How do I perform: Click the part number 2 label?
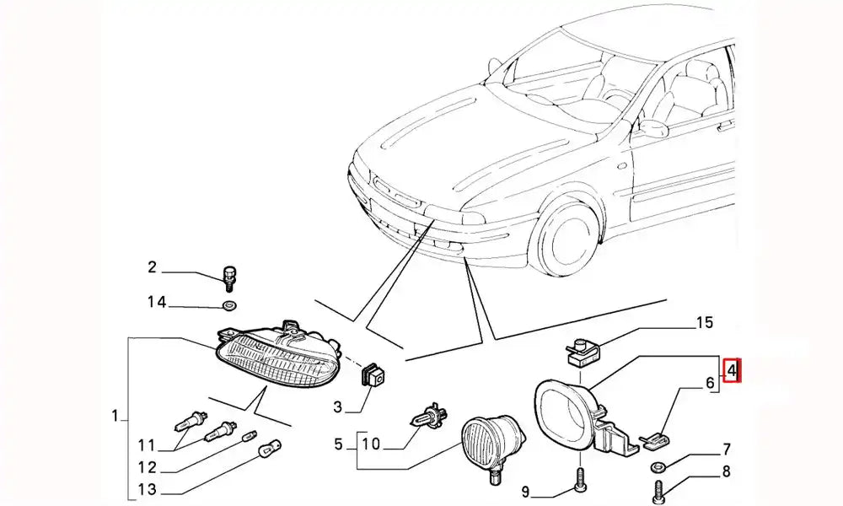152,268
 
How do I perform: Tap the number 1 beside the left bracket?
114,415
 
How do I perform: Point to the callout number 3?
338,408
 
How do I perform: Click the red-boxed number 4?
733,369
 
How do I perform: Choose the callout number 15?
704,321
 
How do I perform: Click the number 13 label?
148,489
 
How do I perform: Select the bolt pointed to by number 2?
228,277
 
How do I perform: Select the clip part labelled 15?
581,351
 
